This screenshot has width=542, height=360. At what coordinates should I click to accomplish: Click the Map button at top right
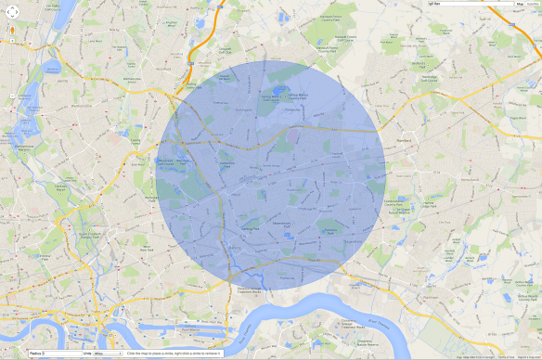(x=521, y=5)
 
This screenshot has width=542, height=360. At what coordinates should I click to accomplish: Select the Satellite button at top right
(x=535, y=5)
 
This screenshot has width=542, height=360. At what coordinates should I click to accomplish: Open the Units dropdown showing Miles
(x=108, y=354)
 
